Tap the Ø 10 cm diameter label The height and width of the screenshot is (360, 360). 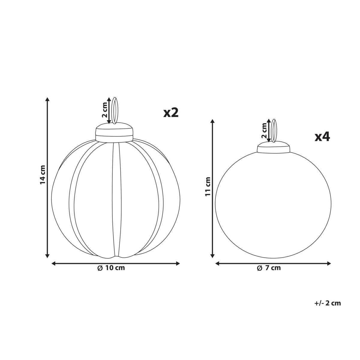(111, 268)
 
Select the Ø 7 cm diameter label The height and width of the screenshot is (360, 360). (269, 268)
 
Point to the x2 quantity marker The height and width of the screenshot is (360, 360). (171, 113)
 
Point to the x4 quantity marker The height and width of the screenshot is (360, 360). (322, 137)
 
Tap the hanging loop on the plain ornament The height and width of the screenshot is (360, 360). (274, 131)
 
